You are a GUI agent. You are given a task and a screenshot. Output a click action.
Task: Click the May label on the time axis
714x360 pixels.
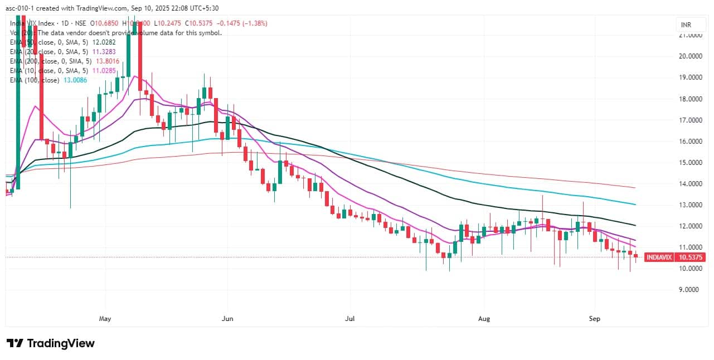click(x=105, y=319)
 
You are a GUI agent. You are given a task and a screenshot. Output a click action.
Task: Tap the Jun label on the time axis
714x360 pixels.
click(x=227, y=319)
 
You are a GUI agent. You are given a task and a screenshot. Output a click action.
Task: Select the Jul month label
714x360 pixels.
click(x=350, y=319)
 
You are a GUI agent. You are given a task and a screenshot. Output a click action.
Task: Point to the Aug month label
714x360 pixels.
click(x=484, y=319)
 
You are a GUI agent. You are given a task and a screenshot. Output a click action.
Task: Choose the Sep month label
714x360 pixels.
click(x=595, y=319)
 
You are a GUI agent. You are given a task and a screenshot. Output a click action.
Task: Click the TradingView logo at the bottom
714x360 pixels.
click(x=50, y=343)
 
